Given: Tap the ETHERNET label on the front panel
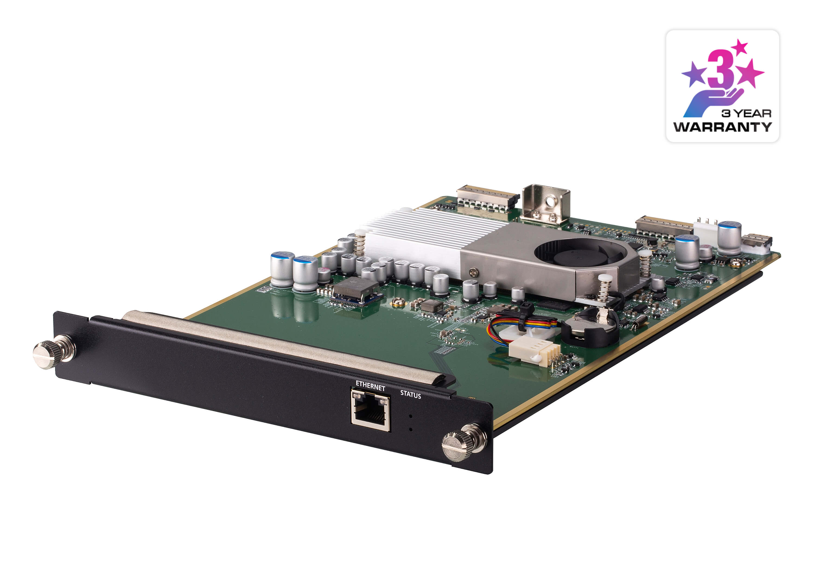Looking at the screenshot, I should click(370, 386).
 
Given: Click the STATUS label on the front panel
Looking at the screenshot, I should click(411, 394).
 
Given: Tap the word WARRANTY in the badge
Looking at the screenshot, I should click(722, 127).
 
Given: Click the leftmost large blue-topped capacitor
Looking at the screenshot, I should click(282, 269).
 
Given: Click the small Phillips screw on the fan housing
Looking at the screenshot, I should click(474, 272).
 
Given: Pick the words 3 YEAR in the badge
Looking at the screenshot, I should click(746, 114).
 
